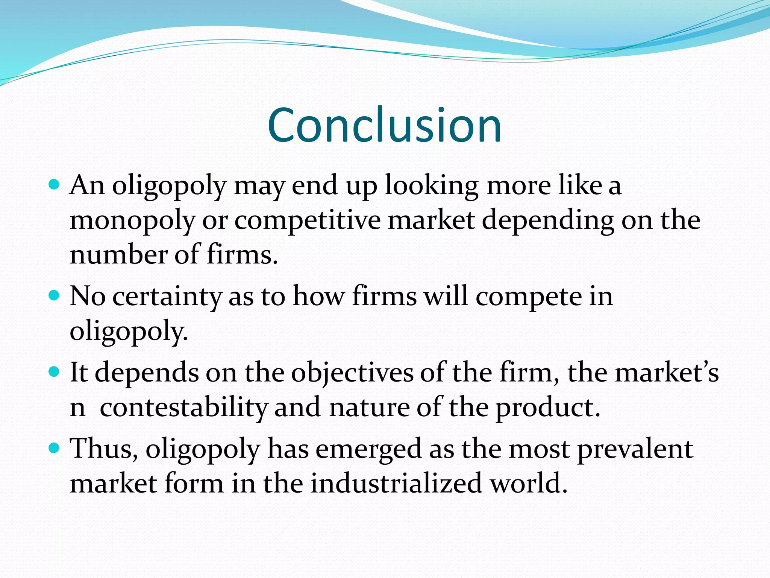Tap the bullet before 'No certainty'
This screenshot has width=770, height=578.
click(x=55, y=295)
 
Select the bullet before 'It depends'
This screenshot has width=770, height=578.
click(x=55, y=372)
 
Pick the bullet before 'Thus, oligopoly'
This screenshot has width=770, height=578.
click(x=55, y=448)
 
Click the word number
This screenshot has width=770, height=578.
click(x=118, y=255)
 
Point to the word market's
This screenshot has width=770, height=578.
click(x=666, y=373)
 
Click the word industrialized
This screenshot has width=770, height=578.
click(x=396, y=483)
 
